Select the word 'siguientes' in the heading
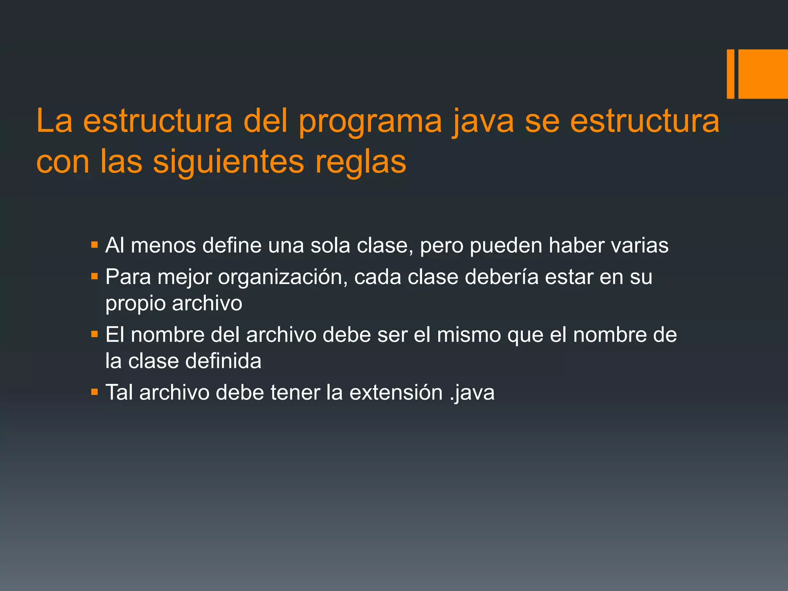tap(229, 162)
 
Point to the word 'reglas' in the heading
tap(361, 162)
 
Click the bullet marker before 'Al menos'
tap(95, 245)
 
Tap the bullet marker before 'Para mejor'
tap(95, 276)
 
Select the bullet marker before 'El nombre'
tap(95, 334)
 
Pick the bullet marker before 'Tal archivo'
tap(95, 392)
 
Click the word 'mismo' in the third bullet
tap(469, 335)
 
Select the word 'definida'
tap(223, 361)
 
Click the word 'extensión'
tap(396, 393)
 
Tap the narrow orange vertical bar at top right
tap(730, 74)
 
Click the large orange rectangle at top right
tap(763, 74)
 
